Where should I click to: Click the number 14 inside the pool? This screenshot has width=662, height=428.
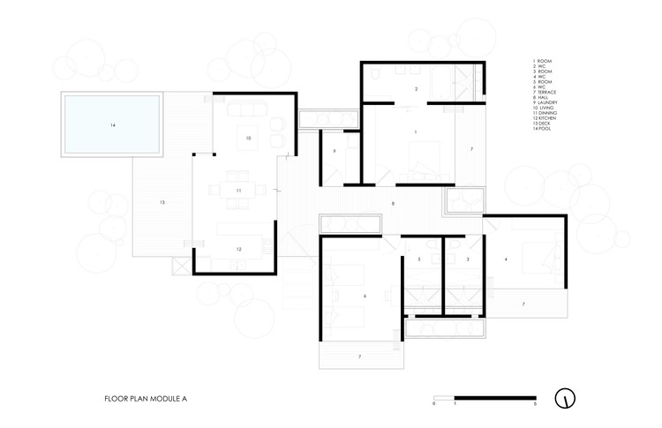[113, 125]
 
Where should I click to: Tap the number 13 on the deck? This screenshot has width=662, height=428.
[162, 203]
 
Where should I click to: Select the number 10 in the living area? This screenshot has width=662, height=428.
[249, 139]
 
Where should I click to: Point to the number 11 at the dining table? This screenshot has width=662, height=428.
[238, 190]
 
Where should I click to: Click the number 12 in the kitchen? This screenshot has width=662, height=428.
[238, 250]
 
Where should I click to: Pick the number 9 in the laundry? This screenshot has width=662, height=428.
[335, 152]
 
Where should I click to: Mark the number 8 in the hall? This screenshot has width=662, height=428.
[394, 205]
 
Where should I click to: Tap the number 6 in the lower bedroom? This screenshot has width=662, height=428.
[365, 297]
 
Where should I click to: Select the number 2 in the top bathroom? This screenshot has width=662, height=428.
[416, 90]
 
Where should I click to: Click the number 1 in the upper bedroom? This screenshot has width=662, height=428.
[415, 131]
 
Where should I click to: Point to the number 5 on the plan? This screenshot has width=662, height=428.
[420, 259]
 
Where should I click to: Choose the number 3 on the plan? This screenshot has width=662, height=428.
[468, 259]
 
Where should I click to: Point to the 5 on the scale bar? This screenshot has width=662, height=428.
[535, 404]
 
